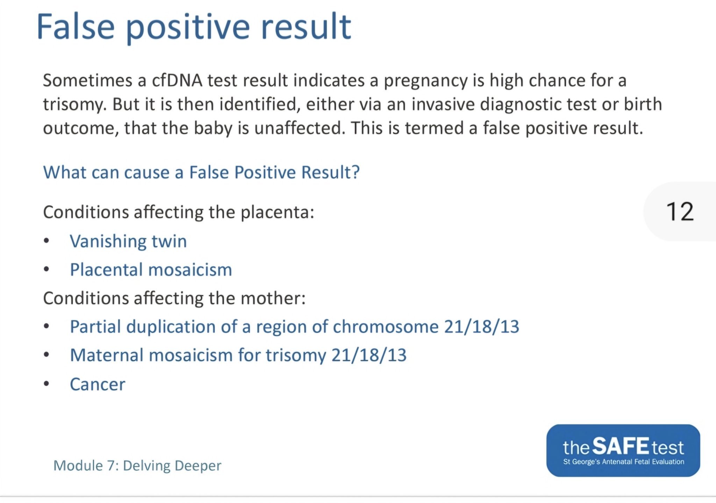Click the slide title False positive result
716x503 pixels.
[194, 27]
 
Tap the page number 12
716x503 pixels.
[680, 211]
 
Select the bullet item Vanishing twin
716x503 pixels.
[128, 241]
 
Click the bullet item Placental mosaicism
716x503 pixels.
[151, 270]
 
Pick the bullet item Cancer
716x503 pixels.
[98, 385]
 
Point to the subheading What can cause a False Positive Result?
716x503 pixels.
[201, 172]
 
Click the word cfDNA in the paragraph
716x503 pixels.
[177, 80]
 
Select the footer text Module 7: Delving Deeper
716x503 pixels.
[137, 466]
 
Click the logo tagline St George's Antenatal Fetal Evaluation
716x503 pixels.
[623, 462]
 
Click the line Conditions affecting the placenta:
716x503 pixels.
[179, 212]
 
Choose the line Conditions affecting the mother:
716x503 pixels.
[174, 299]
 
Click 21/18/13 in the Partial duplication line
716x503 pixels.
[482, 327]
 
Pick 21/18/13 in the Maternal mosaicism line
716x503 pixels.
[369, 355]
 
